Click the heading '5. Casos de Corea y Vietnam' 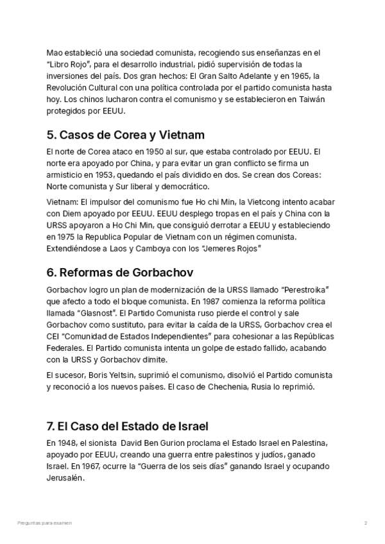coord(126,135)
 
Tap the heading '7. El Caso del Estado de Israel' coord(127,426)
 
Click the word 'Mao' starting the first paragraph coord(55,53)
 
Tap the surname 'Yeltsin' coord(133,376)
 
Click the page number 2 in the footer coord(365,523)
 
